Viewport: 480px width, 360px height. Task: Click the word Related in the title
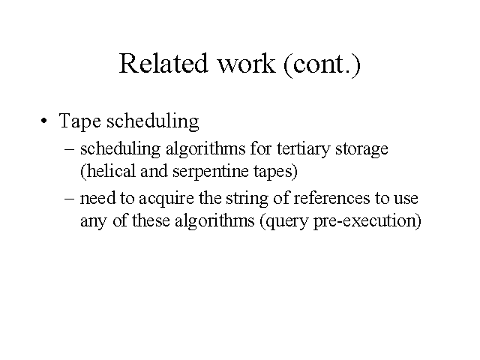pos(163,63)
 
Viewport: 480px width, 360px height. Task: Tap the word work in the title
pos(246,63)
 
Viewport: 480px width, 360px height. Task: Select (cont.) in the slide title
pos(322,64)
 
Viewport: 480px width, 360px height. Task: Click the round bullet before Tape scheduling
pos(44,121)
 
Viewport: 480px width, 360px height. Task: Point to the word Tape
pos(79,121)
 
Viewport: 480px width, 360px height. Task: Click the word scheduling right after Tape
pos(153,121)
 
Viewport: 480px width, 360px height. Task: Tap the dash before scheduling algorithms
pos(70,149)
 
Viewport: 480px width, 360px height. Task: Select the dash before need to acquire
pos(70,198)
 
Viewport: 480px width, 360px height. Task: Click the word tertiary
pos(303,149)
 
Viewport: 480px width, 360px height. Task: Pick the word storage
pos(361,150)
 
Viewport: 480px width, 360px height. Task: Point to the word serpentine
pos(211,172)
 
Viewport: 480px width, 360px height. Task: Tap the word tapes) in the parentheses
pos(275,172)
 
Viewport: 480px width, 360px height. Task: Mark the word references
pos(331,198)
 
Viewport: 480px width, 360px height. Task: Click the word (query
pos(283,221)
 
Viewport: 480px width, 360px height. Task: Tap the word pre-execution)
pos(367,221)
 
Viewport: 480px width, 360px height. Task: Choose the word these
pos(151,220)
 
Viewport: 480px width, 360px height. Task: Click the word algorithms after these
pos(214,221)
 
